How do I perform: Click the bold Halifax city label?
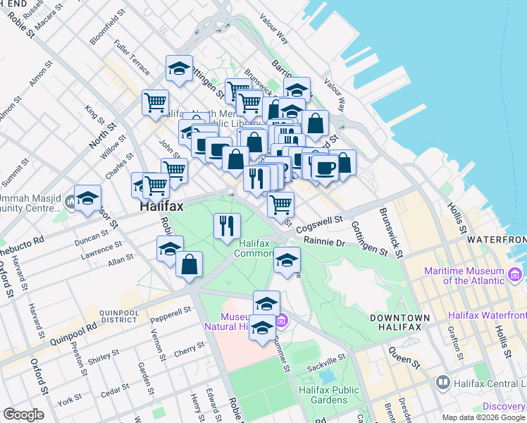(161, 207)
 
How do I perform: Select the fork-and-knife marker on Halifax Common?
(226, 226)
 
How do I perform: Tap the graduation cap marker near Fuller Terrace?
(179, 68)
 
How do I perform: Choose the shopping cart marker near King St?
(155, 102)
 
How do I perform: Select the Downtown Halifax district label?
(399, 323)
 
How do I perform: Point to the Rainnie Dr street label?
(324, 242)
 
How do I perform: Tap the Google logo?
(23, 415)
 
